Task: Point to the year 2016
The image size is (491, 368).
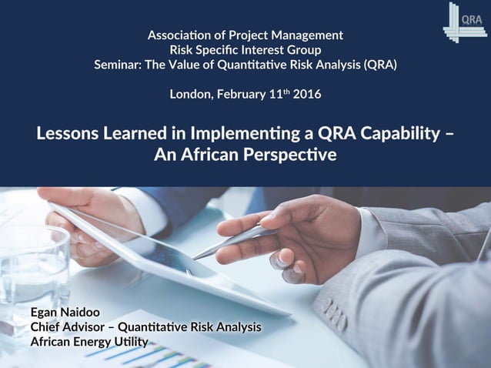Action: click(306, 95)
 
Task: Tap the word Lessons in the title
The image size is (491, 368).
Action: click(68, 132)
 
